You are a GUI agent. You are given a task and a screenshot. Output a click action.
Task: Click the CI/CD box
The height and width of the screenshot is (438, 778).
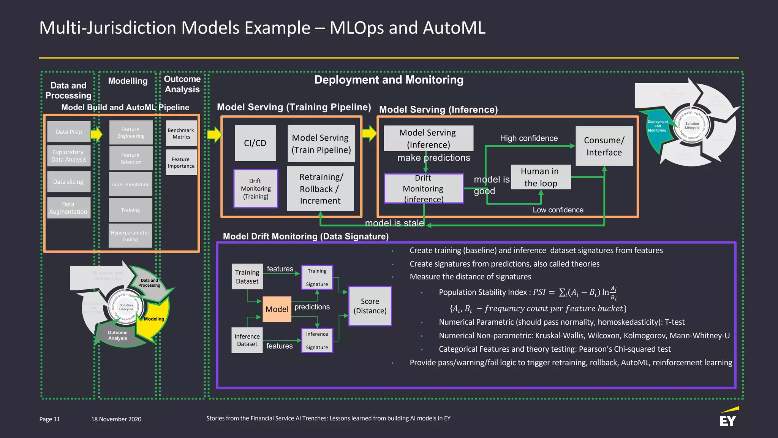[x=255, y=143]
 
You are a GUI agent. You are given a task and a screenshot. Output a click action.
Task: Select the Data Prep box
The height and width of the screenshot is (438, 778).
[x=69, y=132]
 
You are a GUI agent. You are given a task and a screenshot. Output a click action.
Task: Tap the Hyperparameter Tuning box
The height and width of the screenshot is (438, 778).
[x=130, y=236]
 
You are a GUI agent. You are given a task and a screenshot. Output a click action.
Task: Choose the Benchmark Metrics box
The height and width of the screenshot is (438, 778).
[x=181, y=133]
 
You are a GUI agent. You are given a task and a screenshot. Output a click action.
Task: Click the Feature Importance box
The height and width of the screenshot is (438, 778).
[x=181, y=162]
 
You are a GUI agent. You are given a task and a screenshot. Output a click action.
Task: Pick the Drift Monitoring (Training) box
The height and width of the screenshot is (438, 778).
[x=256, y=189]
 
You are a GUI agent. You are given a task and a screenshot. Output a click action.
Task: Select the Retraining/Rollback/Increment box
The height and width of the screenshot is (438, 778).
[x=320, y=189]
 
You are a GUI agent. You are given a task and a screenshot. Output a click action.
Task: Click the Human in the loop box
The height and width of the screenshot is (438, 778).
[x=541, y=177]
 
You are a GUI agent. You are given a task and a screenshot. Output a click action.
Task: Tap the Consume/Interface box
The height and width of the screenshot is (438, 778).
[x=604, y=146]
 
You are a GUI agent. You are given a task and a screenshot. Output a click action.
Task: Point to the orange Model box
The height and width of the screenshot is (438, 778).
[x=277, y=309]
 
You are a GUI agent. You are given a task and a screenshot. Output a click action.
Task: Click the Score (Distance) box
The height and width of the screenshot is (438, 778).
[x=370, y=306]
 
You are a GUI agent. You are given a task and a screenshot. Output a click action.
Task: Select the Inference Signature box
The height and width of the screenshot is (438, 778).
[x=317, y=340]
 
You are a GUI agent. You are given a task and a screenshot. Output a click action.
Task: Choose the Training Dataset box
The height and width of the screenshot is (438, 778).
[x=247, y=276]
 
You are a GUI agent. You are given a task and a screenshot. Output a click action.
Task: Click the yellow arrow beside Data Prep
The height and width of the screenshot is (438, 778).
[x=96, y=134]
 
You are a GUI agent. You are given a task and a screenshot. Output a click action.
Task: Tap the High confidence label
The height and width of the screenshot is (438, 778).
[x=529, y=138]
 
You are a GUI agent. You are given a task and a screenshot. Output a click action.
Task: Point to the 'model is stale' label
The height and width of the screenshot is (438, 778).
[x=394, y=223]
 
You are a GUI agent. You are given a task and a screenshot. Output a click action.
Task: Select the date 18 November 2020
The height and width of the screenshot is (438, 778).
[x=116, y=419]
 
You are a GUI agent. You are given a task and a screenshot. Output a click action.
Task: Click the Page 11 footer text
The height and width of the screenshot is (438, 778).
[x=50, y=419]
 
